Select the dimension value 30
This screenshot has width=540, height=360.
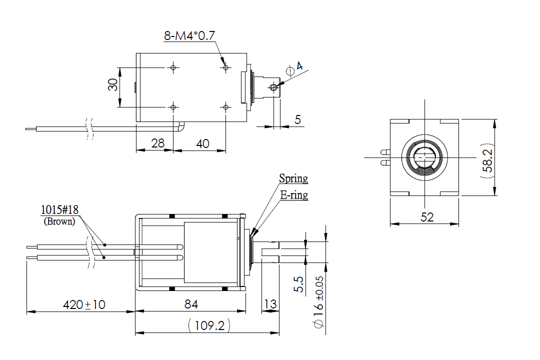coord(113,85)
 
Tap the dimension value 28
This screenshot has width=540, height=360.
coord(157,143)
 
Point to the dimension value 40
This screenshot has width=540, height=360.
coord(202,143)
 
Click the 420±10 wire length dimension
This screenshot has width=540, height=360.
coord(83,304)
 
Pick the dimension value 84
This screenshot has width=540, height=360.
coord(191,304)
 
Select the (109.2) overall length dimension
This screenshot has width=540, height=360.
coord(209,326)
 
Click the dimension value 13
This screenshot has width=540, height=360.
coord(270,304)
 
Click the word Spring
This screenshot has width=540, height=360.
coord(293,178)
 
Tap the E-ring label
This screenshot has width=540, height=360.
coord(294,195)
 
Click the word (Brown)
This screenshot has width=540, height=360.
coord(59,220)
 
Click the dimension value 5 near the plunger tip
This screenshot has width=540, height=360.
coord(298,119)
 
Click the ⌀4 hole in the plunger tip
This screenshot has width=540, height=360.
coord(273,87)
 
